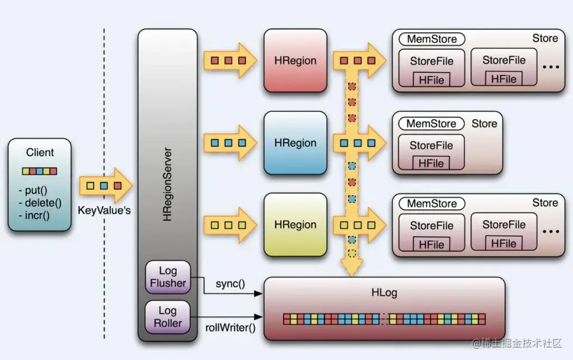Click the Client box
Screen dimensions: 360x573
[x=40, y=185]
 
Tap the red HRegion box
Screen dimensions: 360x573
[x=295, y=60]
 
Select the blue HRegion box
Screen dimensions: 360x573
[x=295, y=143]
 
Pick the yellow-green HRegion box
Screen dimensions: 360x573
[x=295, y=225]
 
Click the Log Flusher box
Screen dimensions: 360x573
[x=168, y=277]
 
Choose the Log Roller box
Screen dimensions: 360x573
[x=168, y=317]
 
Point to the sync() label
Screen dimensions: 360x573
[x=231, y=283]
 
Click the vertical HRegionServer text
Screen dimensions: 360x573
[x=167, y=185]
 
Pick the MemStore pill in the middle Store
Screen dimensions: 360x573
[x=431, y=123]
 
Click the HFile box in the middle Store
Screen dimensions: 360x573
[x=431, y=163]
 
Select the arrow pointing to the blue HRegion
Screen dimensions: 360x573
[x=229, y=143]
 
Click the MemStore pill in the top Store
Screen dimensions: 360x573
[x=431, y=39]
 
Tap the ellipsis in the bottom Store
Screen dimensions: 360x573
[x=551, y=231]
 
